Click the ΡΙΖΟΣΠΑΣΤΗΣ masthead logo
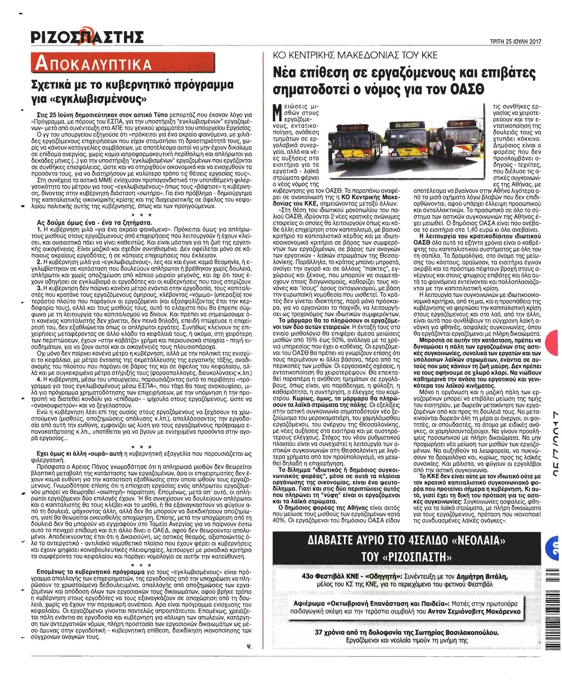coord(87,37)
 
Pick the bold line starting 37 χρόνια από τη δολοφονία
coord(406,633)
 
